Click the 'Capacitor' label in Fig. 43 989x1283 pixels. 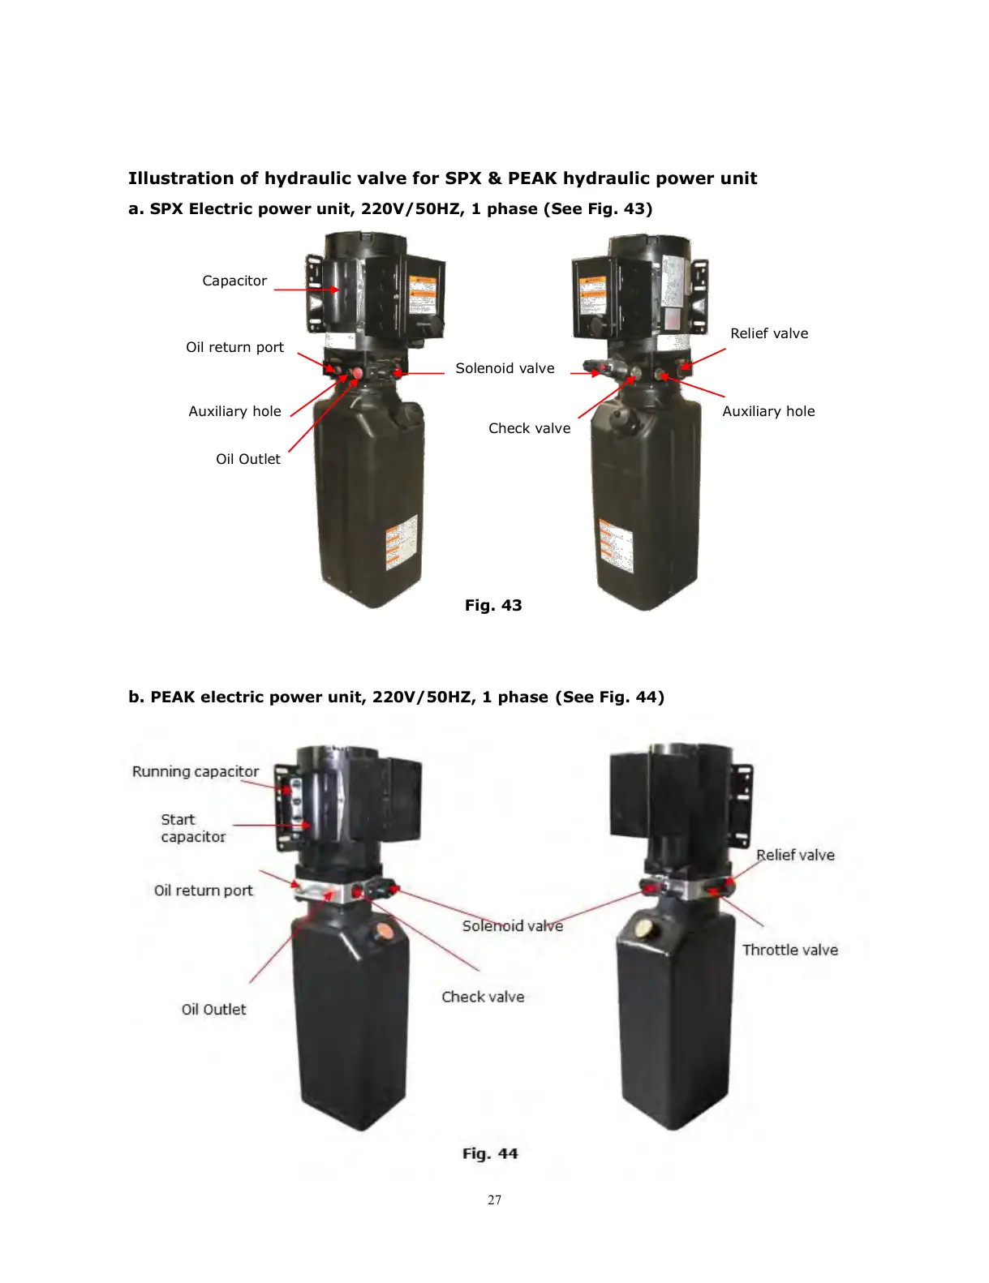click(234, 281)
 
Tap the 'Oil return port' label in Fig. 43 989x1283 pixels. click(234, 347)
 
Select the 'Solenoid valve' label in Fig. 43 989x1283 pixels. click(505, 368)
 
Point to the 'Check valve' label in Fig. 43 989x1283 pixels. click(529, 428)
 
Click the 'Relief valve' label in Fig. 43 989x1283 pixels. click(768, 333)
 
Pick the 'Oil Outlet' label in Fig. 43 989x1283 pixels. click(247, 459)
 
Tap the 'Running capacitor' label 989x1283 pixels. click(196, 771)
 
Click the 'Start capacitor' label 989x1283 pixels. click(192, 828)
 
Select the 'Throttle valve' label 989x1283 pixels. click(789, 950)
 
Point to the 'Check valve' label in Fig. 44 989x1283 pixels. click(483, 997)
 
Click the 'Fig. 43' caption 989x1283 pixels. click(493, 605)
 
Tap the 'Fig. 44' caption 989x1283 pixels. click(490, 1153)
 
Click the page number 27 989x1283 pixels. click(495, 1199)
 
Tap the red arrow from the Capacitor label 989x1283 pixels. click(306, 290)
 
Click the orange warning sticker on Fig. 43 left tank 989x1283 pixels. click(402, 541)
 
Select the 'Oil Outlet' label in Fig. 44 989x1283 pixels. click(213, 1009)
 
